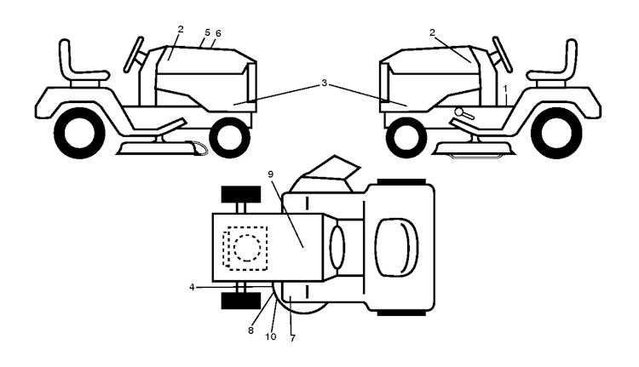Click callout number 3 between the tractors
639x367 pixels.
coord(324,83)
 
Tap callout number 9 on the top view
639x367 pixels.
coord(271,175)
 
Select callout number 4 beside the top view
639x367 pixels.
coord(192,288)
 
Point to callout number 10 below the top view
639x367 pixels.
coord(271,337)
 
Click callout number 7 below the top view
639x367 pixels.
coord(292,338)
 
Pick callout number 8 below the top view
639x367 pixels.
coord(250,330)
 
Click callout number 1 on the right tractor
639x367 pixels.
coord(505,89)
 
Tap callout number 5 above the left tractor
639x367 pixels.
coord(207,32)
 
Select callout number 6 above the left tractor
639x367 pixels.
coord(218,33)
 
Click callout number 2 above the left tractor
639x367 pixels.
coord(181,29)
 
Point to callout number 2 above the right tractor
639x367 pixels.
coord(432,32)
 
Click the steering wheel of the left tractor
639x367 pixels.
coord(134,54)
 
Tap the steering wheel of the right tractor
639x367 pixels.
coord(503,54)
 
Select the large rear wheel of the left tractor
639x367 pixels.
coord(80,133)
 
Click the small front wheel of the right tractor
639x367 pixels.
coord(406,138)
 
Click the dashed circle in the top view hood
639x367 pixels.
coord(247,248)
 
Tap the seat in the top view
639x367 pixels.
coord(396,247)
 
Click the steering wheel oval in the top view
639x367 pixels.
coord(337,247)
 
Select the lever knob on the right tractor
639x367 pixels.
coord(459,112)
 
